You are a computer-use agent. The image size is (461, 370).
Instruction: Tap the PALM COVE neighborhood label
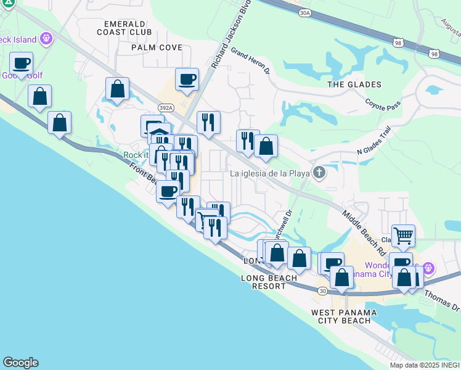pos(157,47)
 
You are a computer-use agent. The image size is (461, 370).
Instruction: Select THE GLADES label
pos(354,84)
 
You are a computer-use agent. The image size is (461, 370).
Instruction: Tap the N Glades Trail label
pos(374,144)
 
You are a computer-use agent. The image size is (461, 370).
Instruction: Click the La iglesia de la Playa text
pos(269,173)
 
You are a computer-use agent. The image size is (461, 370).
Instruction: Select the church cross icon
pos(319,173)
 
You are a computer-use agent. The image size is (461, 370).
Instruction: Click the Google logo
pos(20,363)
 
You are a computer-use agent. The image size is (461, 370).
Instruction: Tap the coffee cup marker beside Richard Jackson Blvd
pos(187,79)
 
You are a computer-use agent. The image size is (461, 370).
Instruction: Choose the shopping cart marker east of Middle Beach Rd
pos(403,235)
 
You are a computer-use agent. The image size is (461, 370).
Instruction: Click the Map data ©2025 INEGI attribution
pos(425,364)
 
